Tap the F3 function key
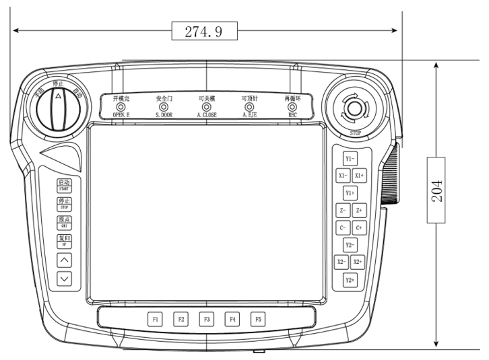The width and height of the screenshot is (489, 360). tap(206, 319)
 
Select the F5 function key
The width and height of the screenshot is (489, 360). tap(257, 319)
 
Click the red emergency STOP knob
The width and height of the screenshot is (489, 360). tap(354, 107)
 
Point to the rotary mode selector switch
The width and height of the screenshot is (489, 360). tap(57, 108)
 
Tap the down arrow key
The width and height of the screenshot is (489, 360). tap(64, 277)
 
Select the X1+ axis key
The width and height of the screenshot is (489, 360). tap(359, 175)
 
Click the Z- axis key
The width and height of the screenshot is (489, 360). tap(342, 211)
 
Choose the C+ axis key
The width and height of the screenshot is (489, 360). tap(359, 228)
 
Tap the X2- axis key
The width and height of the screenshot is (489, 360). tap(342, 262)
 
